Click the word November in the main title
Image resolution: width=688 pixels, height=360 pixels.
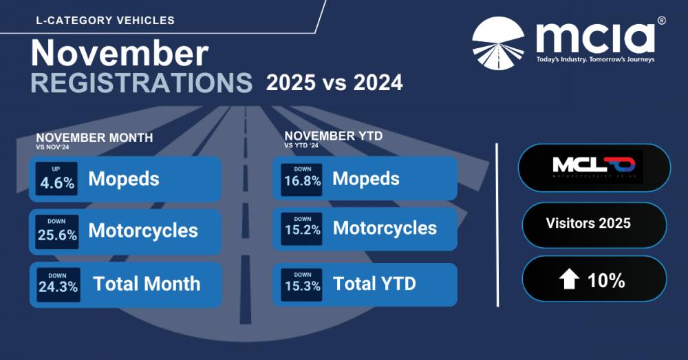[x=119, y=53]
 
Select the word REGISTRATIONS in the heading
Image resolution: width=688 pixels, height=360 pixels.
[x=141, y=83]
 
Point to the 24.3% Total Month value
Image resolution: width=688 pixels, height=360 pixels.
[x=57, y=287]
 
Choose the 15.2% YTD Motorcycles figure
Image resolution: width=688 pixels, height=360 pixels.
[x=302, y=230]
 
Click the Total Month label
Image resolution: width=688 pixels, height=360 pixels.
[x=147, y=284]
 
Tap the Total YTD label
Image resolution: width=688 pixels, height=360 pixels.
[x=374, y=283]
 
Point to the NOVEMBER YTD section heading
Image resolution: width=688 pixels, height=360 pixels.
[x=333, y=136]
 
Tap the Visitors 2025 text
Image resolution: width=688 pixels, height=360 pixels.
[x=588, y=223]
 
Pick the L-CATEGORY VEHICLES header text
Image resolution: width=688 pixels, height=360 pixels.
[x=105, y=21]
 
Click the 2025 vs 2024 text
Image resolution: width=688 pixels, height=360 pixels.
[x=334, y=83]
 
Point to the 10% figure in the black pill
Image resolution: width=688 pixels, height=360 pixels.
[x=606, y=280]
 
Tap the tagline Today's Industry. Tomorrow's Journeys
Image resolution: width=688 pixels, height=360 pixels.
[x=595, y=60]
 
